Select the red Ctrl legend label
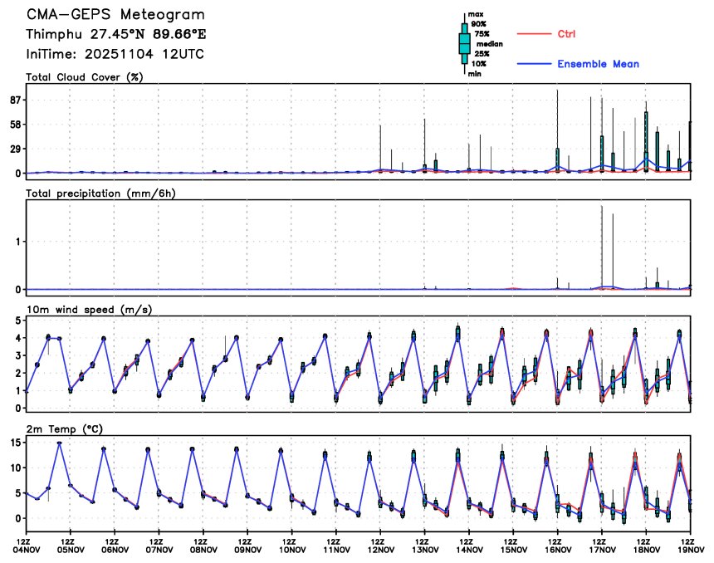coord(567,34)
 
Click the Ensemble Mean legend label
coord(598,64)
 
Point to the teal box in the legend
coord(464,44)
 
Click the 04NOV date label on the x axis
coord(27,549)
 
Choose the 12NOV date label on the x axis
coord(380,549)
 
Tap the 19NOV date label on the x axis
coord(691,549)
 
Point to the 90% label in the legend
coord(478,24)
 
